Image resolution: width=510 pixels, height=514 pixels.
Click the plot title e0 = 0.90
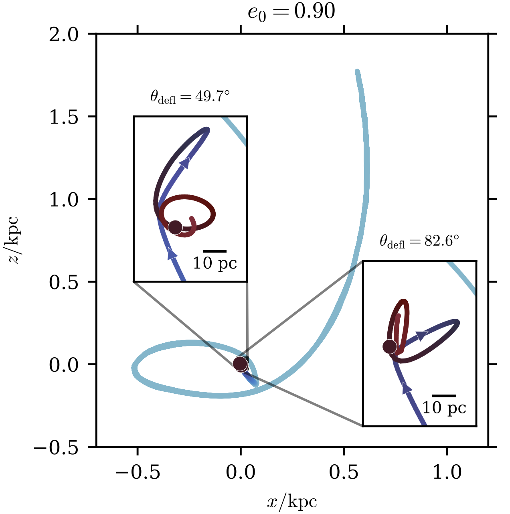[x=291, y=12]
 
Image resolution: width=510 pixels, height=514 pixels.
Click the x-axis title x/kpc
[x=292, y=502]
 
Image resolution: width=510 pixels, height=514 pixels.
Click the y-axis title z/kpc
[x=16, y=240]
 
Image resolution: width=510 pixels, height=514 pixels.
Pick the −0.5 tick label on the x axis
[x=138, y=472]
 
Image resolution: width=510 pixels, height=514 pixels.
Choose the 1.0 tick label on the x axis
[x=447, y=472]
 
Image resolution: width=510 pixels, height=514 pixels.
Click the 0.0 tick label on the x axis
[x=241, y=472]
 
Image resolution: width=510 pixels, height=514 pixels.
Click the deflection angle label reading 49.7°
[x=190, y=97]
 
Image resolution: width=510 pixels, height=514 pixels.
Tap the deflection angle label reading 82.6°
[x=419, y=241]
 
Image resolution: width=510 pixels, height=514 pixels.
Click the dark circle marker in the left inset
[x=175, y=227]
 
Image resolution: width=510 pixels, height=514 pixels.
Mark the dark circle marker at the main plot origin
[x=240, y=364]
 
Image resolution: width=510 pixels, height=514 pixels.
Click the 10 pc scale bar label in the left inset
[x=215, y=263]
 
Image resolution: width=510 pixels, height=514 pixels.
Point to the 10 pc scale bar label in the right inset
[x=444, y=408]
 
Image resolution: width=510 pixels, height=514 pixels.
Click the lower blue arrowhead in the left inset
[x=172, y=254]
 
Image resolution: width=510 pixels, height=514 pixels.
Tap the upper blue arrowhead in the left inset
[x=185, y=162]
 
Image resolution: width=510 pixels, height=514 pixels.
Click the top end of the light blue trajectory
[x=357, y=72]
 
